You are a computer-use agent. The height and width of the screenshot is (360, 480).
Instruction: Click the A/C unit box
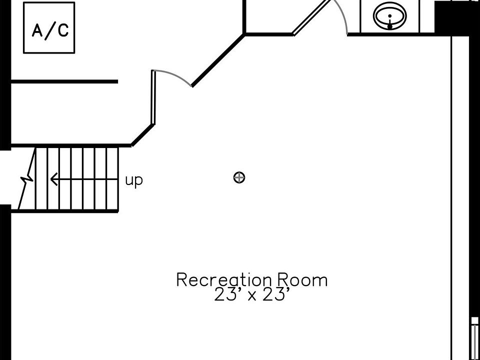coord(49,27)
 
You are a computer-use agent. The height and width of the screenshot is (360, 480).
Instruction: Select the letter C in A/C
coord(62,31)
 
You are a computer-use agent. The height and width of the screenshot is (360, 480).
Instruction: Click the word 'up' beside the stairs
coord(133,180)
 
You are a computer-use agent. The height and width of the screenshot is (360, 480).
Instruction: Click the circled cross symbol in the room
coord(239,177)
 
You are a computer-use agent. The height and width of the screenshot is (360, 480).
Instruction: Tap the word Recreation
coord(223,280)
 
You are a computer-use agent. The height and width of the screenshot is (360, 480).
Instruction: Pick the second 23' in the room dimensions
coord(276,295)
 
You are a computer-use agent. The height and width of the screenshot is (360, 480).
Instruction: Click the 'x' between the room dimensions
coord(252,296)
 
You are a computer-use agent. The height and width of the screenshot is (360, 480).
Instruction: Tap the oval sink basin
coord(390,15)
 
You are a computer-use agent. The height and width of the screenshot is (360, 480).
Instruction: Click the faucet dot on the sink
coord(390,26)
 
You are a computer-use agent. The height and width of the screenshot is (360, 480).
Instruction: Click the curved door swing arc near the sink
coord(341,15)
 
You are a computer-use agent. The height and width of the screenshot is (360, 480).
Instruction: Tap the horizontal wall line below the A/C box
coord(64,81)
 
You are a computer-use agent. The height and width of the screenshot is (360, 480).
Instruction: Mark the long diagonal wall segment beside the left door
coord(218,60)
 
